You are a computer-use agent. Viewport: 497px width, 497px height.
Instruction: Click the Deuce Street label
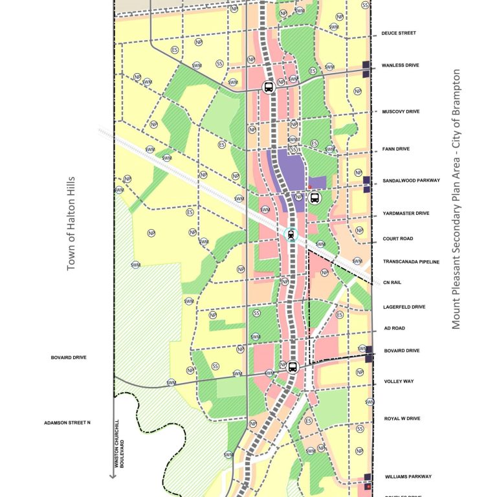[399, 33]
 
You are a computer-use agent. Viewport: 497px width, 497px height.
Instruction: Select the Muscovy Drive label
[401, 112]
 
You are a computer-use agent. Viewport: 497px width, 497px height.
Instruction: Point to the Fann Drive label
[396, 149]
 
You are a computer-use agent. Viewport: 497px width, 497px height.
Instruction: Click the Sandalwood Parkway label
[411, 181]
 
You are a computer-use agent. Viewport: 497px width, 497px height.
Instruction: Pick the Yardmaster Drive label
[406, 213]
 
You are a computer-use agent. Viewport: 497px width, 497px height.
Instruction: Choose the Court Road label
[397, 239]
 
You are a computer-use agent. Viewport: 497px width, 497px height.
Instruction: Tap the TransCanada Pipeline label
[411, 262]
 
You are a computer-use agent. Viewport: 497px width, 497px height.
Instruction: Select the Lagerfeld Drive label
[404, 307]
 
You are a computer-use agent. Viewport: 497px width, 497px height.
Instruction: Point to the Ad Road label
[393, 329]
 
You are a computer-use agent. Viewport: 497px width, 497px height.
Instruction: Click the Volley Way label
[399, 382]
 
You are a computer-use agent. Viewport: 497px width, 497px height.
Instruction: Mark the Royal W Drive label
[402, 419]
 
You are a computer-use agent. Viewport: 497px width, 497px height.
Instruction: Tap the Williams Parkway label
[406, 477]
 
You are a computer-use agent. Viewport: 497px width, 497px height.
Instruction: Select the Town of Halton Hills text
[71, 223]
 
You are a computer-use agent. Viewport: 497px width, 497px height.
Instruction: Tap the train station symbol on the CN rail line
[291, 235]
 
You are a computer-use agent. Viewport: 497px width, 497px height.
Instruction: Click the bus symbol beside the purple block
[315, 198]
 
